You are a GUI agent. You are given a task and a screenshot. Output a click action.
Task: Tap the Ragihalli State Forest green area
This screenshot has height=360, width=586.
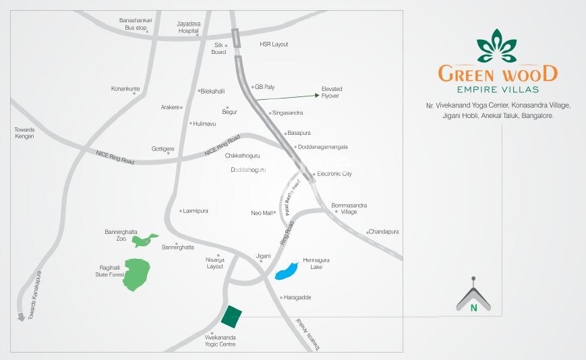137,274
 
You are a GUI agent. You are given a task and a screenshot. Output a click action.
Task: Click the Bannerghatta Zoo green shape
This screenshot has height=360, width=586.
144,239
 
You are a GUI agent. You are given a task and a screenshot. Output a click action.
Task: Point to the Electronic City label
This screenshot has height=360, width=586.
334,174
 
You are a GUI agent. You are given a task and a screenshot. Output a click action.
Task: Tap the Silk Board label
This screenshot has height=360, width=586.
218,49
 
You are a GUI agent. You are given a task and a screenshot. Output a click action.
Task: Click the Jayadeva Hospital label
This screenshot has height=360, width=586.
188,27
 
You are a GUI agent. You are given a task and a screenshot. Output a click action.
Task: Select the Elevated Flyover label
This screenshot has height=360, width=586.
332,92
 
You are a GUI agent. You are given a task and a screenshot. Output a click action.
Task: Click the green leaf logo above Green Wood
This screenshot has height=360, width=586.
497,46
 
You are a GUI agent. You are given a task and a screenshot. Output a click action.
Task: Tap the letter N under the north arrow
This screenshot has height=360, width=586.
473,308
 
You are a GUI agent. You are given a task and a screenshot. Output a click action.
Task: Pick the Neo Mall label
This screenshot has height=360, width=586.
262,213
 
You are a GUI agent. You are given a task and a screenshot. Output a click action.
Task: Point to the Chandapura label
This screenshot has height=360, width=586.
384,232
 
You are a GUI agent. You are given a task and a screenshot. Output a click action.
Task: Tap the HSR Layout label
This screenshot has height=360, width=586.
274,44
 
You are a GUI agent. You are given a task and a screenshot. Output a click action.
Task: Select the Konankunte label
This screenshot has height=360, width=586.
125,89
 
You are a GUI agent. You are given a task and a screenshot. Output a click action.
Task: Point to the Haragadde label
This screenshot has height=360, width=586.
298,297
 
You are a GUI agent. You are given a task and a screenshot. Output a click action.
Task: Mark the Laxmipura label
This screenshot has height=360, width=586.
196,211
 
